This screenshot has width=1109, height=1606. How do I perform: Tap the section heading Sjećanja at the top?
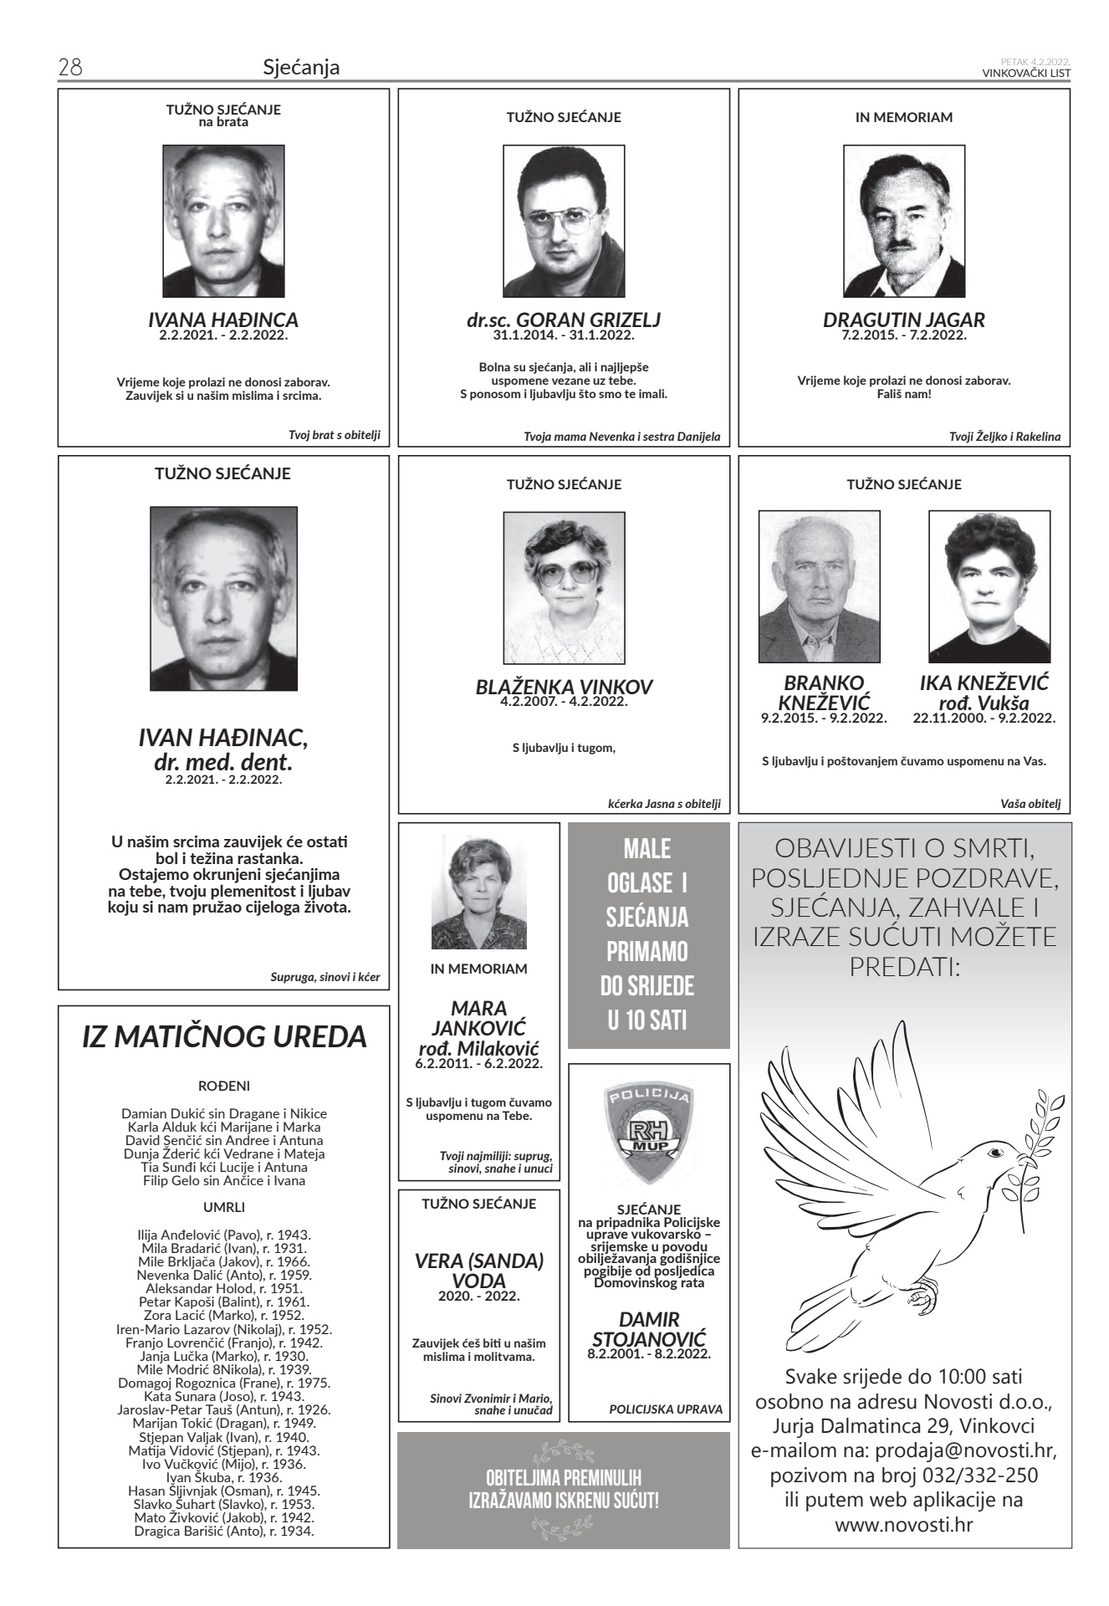[x=301, y=68]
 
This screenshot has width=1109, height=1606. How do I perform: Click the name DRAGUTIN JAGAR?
[x=903, y=320]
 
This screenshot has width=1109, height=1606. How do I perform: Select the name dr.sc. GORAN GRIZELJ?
[x=564, y=320]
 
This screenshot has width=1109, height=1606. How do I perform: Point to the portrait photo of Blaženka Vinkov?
[x=564, y=576]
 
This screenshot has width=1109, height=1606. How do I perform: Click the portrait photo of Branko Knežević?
[x=819, y=587]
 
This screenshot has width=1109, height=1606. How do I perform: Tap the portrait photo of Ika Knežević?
[x=989, y=587]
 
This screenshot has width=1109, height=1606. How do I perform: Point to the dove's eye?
[x=994, y=1153]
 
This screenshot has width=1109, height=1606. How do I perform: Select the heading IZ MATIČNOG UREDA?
[x=224, y=1037]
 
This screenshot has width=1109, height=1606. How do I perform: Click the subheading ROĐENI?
[x=224, y=1087]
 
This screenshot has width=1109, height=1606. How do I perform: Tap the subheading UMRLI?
[x=224, y=1207]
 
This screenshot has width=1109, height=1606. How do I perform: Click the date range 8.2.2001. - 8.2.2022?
[x=648, y=1353]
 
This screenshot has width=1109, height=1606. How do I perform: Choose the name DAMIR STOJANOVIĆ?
[x=648, y=1328]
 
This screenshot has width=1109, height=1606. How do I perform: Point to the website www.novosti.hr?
[x=903, y=1525]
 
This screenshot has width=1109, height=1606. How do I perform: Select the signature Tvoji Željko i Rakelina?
[x=1004, y=437]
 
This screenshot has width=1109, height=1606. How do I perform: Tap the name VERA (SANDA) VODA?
[x=479, y=1271]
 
